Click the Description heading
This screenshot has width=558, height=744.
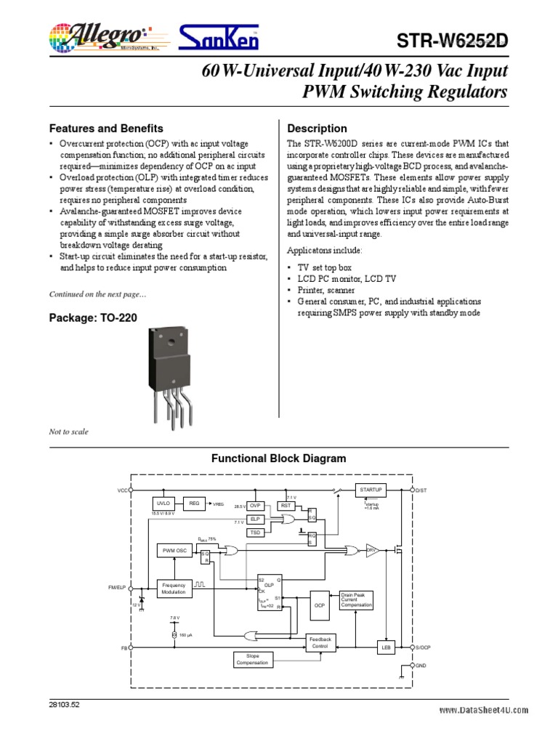pyautogui.click(x=318, y=129)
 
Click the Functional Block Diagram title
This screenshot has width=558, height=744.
pyautogui.click(x=278, y=458)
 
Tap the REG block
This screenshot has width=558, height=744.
pyautogui.click(x=194, y=503)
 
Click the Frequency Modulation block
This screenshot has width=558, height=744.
pyautogui.click(x=174, y=589)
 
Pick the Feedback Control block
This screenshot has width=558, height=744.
pyautogui.click(x=320, y=642)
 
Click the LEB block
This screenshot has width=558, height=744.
pyautogui.click(x=386, y=647)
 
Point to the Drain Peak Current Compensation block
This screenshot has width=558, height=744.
pyautogui.click(x=357, y=599)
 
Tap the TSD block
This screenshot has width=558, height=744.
pyautogui.click(x=256, y=533)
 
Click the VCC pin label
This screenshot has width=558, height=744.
pyautogui.click(x=122, y=491)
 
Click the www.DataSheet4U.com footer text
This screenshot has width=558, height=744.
pyautogui.click(x=483, y=711)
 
